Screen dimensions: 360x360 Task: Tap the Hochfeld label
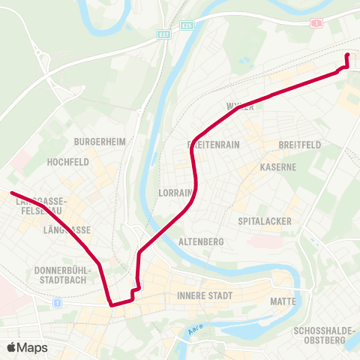(68, 161)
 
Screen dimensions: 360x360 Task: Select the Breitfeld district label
(299, 144)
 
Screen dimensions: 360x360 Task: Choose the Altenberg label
(202, 241)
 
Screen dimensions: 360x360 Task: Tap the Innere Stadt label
(205, 295)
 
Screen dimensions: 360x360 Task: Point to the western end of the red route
(12, 193)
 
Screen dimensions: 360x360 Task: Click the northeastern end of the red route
(346, 55)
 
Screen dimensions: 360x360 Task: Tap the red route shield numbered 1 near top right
(317, 22)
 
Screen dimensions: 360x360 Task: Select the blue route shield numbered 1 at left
(57, 302)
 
